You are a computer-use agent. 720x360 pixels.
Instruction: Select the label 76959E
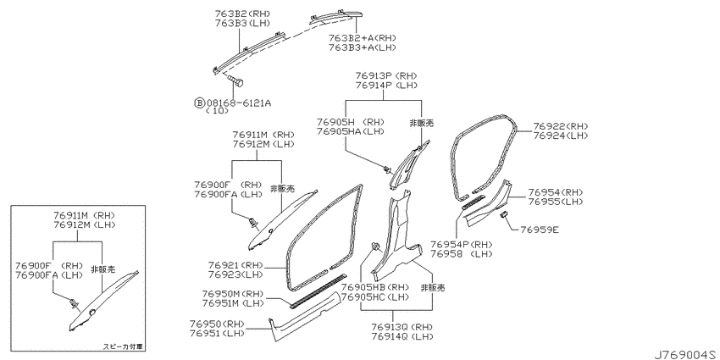pyautogui.click(x=540, y=230)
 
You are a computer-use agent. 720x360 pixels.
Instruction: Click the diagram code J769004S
pyautogui.click(x=686, y=355)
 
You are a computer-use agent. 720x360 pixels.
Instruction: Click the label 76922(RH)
pyautogui.click(x=560, y=126)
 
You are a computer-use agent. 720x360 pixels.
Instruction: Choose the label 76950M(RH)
pyautogui.click(x=231, y=293)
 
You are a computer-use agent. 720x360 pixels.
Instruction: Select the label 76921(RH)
pyautogui.click(x=235, y=265)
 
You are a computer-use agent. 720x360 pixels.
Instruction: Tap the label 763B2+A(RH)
pyautogui.click(x=363, y=38)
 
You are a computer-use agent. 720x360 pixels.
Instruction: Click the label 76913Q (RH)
pyautogui.click(x=402, y=328)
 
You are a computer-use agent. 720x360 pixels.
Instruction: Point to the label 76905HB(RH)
pyautogui.click(x=375, y=287)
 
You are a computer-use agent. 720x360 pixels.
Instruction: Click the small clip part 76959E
pyautogui.click(x=502, y=214)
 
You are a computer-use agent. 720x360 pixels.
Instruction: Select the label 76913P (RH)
pyautogui.click(x=386, y=75)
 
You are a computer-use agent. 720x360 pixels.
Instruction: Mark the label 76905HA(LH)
pyautogui.click(x=351, y=131)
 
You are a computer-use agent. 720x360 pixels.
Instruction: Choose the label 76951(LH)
pyautogui.click(x=218, y=332)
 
